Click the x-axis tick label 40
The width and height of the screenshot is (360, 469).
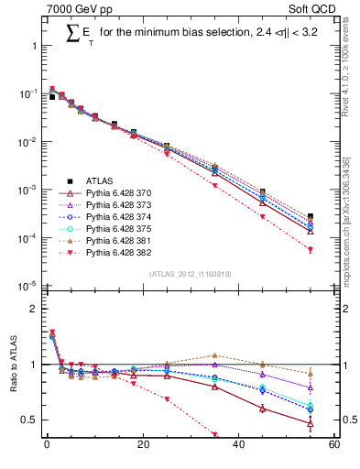[238, 446]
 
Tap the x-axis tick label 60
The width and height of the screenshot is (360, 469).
[333, 446]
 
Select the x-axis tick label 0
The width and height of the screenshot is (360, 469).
[46, 446]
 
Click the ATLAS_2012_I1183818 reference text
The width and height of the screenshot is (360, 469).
[190, 274]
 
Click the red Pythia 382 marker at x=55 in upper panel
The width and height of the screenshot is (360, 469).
[311, 249]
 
